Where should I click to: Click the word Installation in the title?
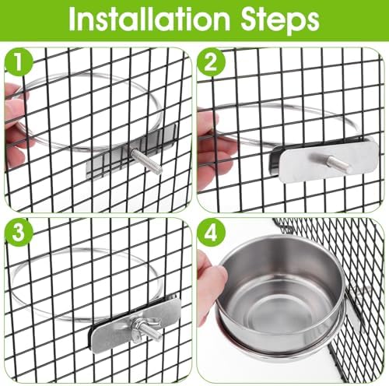149,20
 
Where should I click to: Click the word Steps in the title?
280,21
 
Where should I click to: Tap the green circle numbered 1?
19,62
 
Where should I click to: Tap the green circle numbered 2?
211,63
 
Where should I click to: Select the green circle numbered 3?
19,233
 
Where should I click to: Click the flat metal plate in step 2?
329,161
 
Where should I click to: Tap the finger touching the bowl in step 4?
212,271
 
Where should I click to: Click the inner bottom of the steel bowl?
275,311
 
